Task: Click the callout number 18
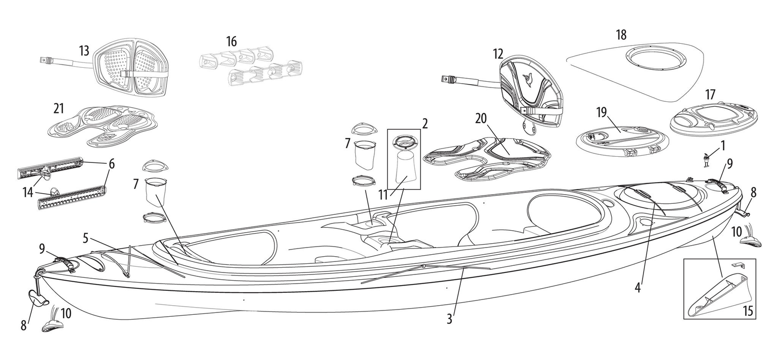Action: (x=621, y=35)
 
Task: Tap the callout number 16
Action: (x=232, y=42)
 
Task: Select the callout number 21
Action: (x=59, y=109)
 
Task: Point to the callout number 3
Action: (x=449, y=319)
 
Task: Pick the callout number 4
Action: (x=638, y=288)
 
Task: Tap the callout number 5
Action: (x=86, y=237)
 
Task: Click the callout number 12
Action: (x=498, y=54)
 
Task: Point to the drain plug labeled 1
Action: (x=706, y=160)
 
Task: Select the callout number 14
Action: (x=27, y=193)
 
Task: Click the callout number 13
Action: (x=84, y=50)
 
